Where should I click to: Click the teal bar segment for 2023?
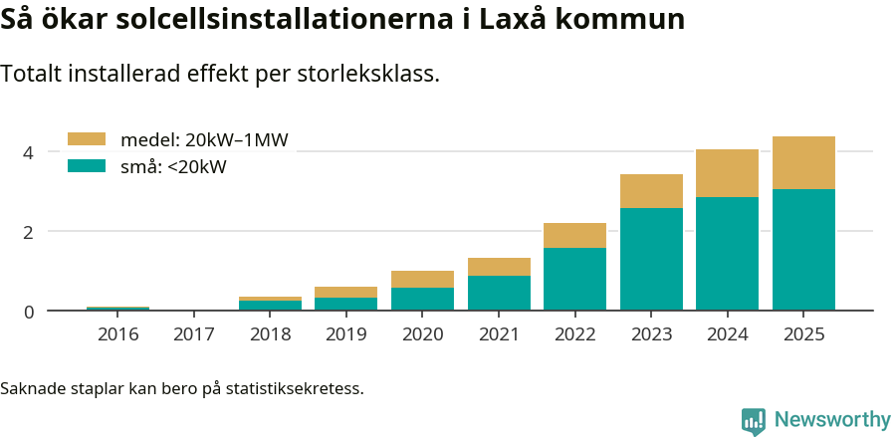[651, 259]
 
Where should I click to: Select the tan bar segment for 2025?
[803, 162]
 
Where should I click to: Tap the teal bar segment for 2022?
[574, 279]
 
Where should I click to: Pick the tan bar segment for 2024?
[727, 173]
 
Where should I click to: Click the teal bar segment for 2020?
[422, 299]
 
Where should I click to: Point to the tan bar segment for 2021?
[499, 267]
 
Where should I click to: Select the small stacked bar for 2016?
[117, 309]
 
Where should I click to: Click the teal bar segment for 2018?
[270, 305]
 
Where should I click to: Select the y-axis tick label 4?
[29, 152]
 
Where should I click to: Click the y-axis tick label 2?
[29, 232]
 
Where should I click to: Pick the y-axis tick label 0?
[29, 312]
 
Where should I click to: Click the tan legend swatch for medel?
[86, 139]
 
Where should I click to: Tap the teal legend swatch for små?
[86, 166]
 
